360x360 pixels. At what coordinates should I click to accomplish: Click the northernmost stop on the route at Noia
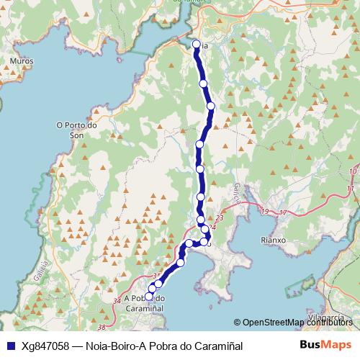coord(196,45)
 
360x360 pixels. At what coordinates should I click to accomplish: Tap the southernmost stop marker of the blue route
coord(150,296)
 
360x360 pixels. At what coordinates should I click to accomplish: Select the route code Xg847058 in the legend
coord(45,346)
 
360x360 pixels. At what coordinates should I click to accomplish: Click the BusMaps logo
coord(325,345)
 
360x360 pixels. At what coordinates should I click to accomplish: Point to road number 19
coord(265,212)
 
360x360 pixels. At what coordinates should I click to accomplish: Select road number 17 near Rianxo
coord(282,212)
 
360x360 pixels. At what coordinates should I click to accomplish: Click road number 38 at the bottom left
coord(102,327)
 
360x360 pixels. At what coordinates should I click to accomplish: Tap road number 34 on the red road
coord(118,300)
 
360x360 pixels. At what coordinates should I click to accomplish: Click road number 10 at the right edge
coord(352,170)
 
